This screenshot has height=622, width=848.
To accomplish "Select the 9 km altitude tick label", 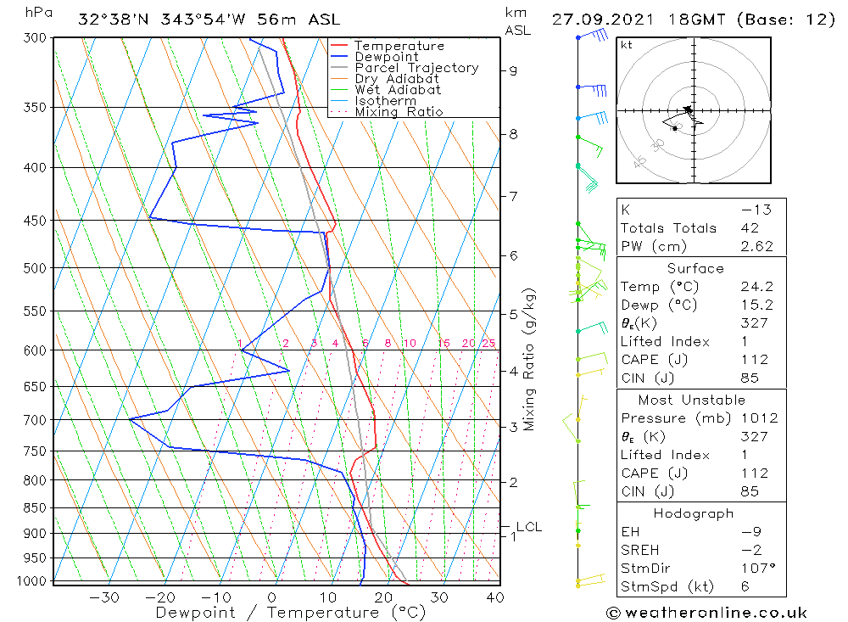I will [x=513, y=70].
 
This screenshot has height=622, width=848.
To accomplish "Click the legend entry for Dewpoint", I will [x=386, y=57].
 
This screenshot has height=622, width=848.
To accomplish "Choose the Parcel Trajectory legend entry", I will [x=416, y=68].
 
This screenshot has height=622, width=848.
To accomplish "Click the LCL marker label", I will [x=528, y=527].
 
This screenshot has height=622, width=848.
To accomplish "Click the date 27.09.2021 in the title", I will [x=599, y=20].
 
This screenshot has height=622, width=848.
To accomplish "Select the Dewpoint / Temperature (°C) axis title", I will [x=290, y=612].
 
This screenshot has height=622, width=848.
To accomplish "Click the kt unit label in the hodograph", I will [x=626, y=45].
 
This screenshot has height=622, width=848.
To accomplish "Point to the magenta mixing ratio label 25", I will [x=488, y=344].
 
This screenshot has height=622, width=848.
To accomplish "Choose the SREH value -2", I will [x=753, y=549].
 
